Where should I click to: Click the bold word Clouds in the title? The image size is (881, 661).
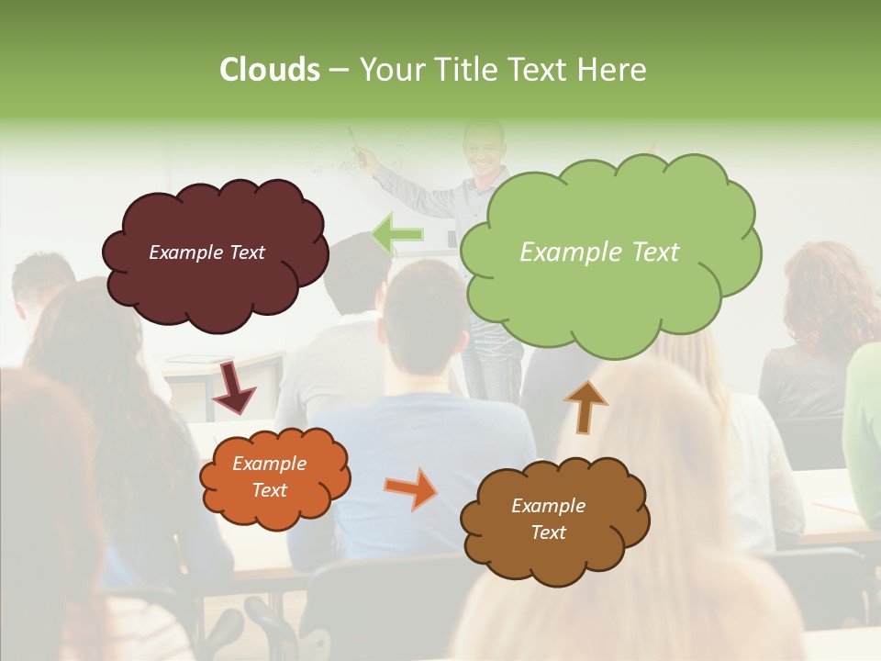pyautogui.click(x=269, y=70)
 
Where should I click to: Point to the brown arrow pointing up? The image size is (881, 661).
pyautogui.click(x=585, y=408)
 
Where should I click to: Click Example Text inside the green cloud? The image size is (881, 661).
pyautogui.click(x=599, y=252)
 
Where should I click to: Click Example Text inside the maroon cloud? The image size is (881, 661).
pyautogui.click(x=206, y=252)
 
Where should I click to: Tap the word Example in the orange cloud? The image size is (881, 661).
pyautogui.click(x=269, y=464)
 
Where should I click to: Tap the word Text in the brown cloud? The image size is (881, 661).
pyautogui.click(x=548, y=532)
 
